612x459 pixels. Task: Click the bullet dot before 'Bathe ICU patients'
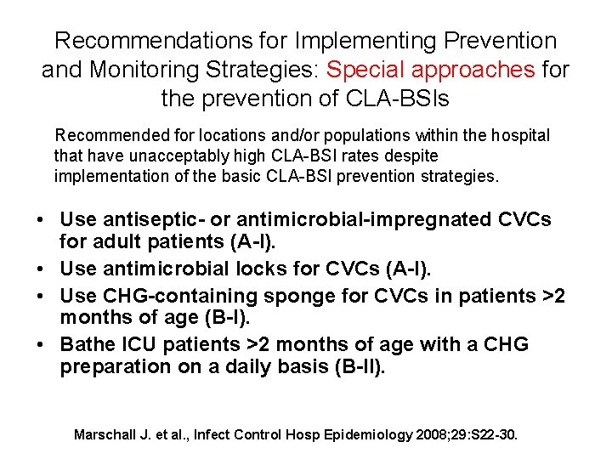[x=42, y=345]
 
